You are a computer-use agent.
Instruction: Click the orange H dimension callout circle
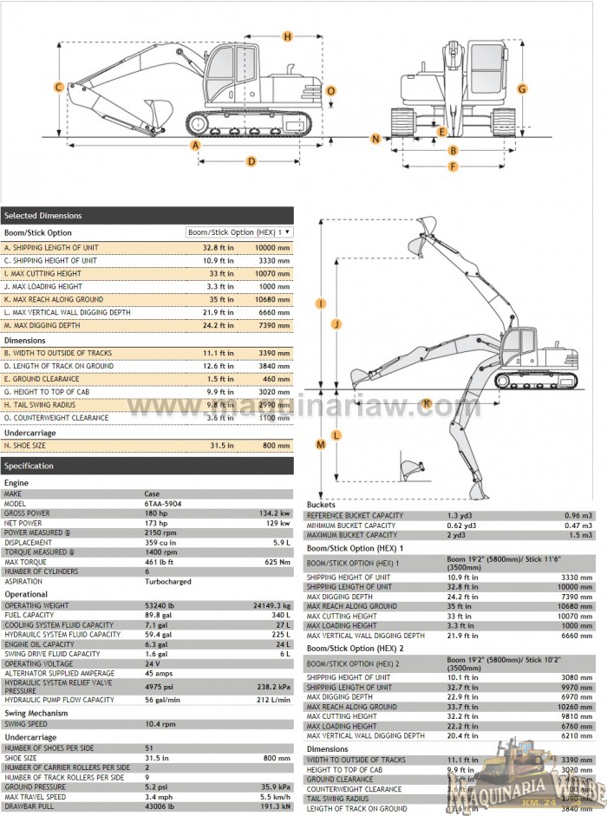(x=287, y=36)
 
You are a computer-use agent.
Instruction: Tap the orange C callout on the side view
(x=58, y=87)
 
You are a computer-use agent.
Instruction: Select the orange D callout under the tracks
(x=251, y=160)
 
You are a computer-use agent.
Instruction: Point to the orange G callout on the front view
(x=522, y=88)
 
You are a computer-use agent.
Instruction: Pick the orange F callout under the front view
(x=453, y=166)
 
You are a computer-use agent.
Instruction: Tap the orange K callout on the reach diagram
(x=427, y=402)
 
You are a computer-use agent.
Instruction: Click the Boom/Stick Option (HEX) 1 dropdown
(x=239, y=232)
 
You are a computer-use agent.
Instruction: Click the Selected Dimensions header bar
(x=147, y=215)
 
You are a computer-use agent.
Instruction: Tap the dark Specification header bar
(x=147, y=466)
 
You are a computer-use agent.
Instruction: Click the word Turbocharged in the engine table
(x=167, y=582)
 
